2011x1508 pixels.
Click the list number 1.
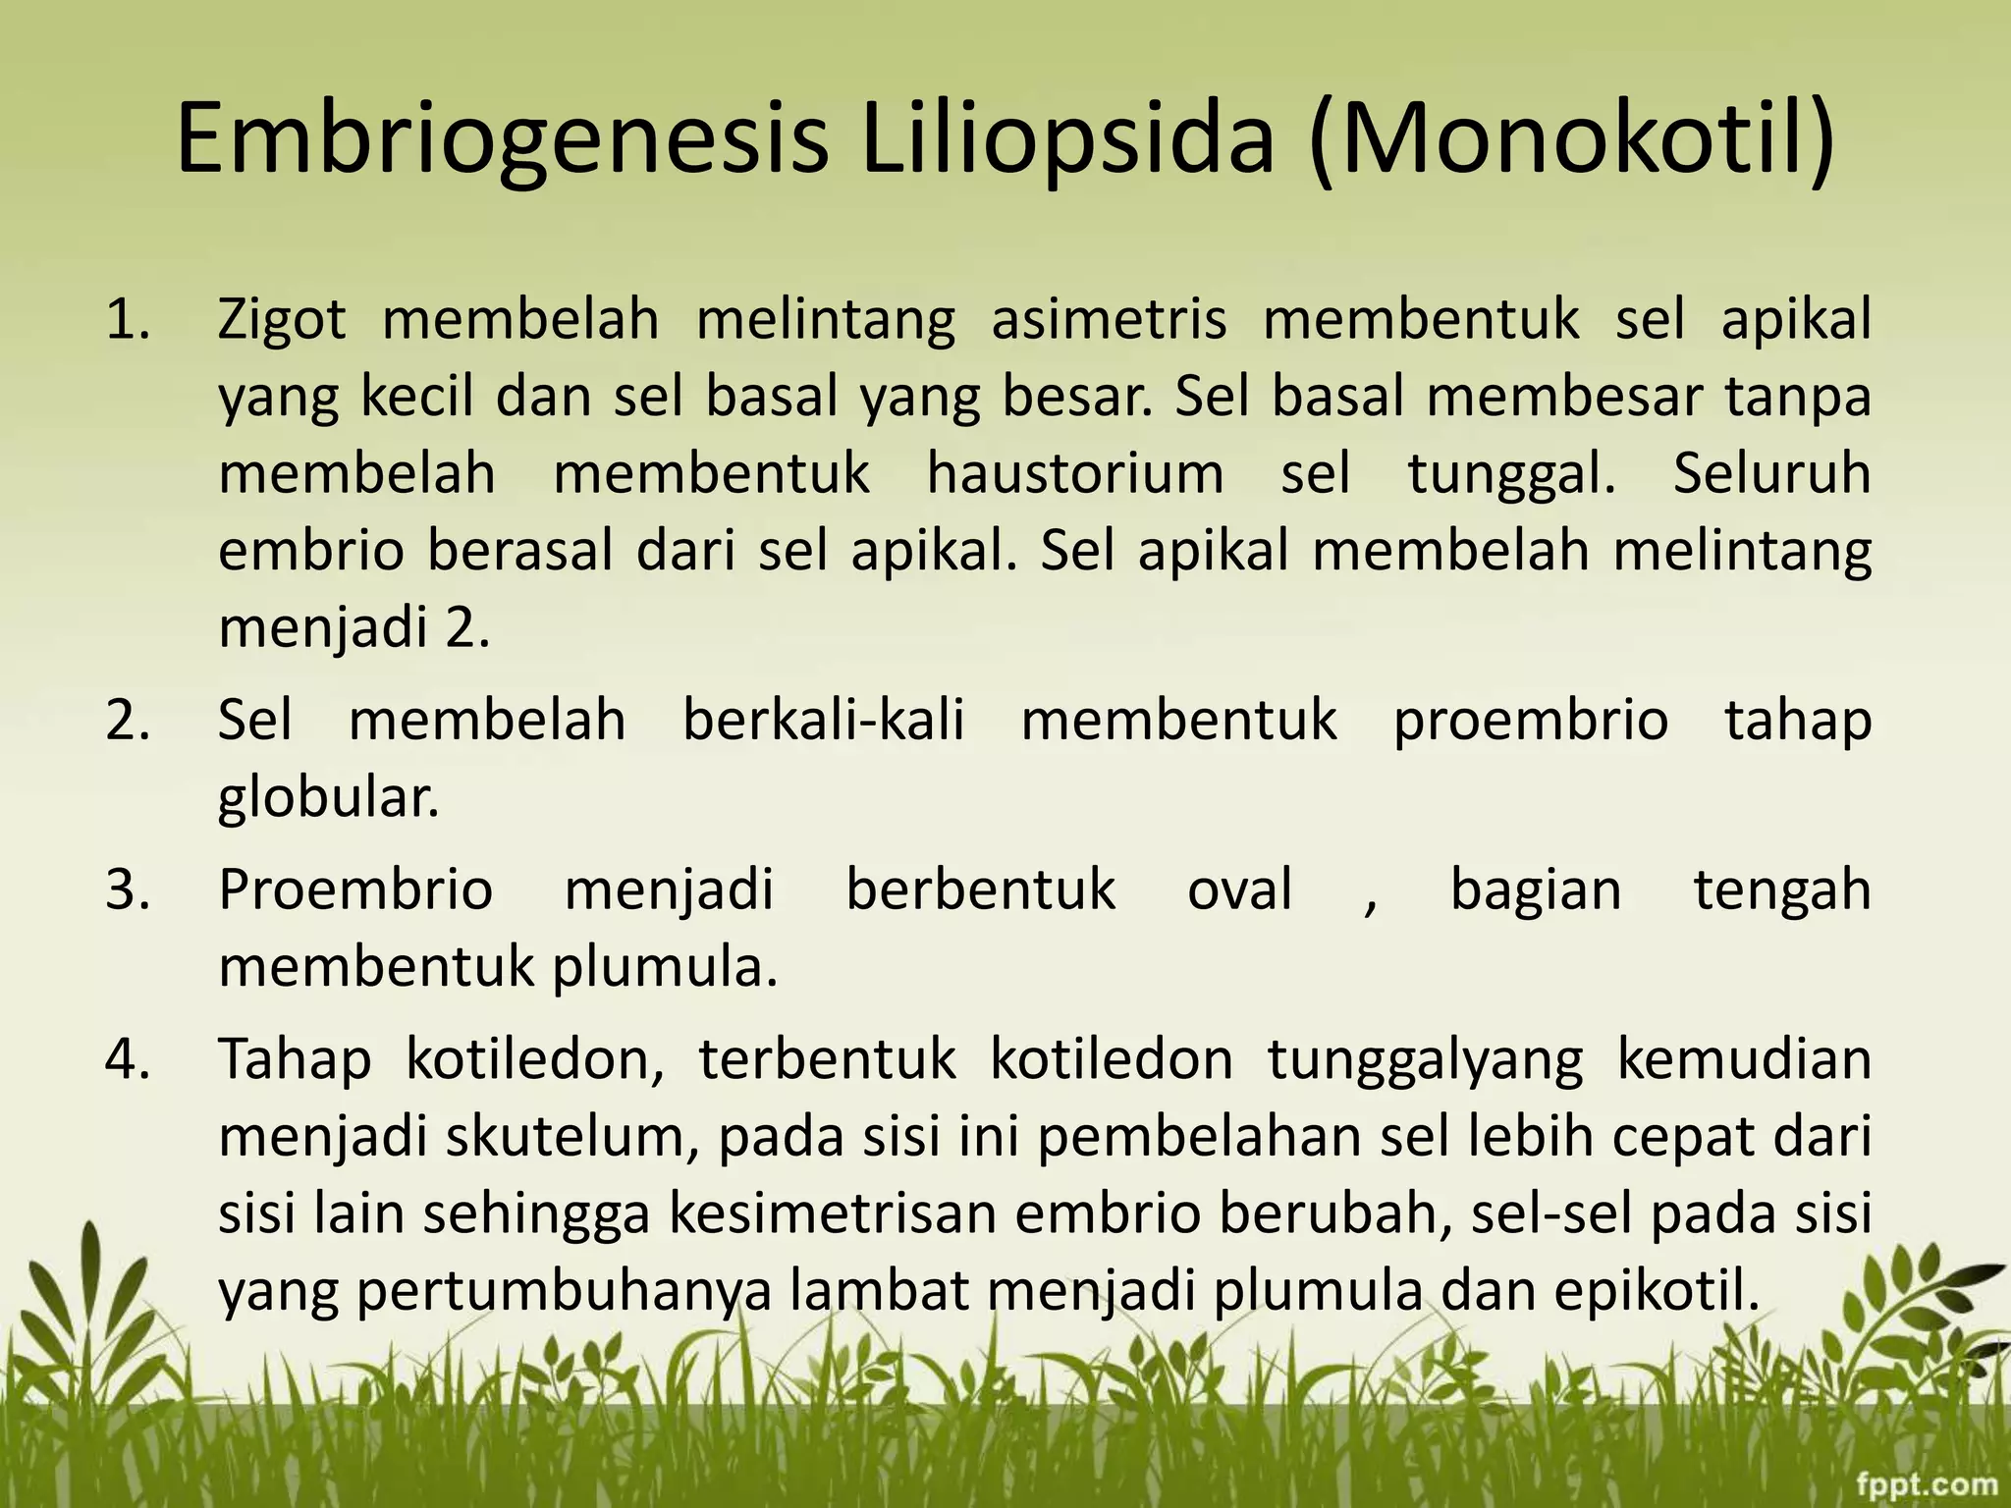pyautogui.click(x=129, y=320)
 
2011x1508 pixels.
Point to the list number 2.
pyautogui.click(x=129, y=721)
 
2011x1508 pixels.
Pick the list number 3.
pyautogui.click(x=129, y=890)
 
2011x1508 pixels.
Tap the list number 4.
pyautogui.click(x=129, y=1060)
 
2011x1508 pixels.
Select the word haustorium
pyautogui.click(x=1075, y=473)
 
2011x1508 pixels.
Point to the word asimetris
pyautogui.click(x=1109, y=320)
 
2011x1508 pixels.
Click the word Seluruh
pyautogui.click(x=1771, y=473)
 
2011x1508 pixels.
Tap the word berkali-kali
pyautogui.click(x=824, y=721)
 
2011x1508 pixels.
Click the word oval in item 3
pyautogui.click(x=1239, y=890)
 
